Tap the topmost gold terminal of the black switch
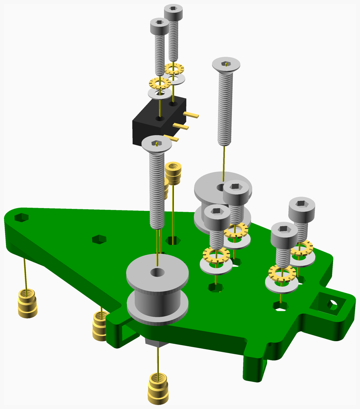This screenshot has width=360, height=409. [x=191, y=115]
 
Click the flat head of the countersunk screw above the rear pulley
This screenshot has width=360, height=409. [x=226, y=64]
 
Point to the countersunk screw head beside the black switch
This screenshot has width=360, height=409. [x=156, y=144]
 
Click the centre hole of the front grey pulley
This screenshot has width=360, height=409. [x=157, y=273]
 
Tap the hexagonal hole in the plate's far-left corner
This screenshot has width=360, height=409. [x=21, y=217]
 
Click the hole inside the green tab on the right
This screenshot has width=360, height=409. [x=332, y=306]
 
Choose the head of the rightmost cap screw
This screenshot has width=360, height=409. [x=302, y=207]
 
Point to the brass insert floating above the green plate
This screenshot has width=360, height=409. [x=173, y=173]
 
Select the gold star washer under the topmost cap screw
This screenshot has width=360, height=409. [x=174, y=68]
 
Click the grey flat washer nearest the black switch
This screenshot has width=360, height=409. [x=160, y=94]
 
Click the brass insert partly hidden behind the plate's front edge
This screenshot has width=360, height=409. [x=100, y=326]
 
